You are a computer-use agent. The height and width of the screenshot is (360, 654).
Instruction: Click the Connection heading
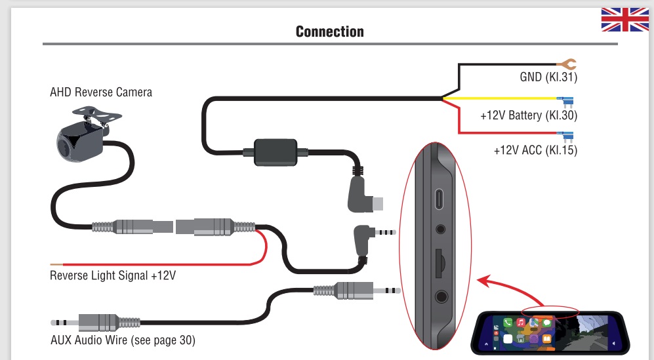point(329,31)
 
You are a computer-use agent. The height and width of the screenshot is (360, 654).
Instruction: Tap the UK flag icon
point(624,20)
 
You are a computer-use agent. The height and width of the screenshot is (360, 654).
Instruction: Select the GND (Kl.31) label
point(548,77)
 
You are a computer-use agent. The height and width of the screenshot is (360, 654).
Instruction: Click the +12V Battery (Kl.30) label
point(529,115)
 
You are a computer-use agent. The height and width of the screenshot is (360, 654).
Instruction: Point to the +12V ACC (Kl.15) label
point(535,150)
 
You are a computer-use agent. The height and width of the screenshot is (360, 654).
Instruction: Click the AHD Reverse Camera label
point(101,92)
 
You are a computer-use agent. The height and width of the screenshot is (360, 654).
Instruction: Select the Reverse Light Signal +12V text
point(113,275)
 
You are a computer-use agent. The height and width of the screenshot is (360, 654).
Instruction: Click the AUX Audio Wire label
point(123,340)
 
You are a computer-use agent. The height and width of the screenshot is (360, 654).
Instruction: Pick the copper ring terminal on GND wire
point(567,64)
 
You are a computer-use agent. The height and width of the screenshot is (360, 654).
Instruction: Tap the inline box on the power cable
point(274,152)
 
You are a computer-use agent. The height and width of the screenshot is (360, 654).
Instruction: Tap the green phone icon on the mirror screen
point(508,323)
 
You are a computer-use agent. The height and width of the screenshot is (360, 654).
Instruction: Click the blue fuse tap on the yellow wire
point(566,101)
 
